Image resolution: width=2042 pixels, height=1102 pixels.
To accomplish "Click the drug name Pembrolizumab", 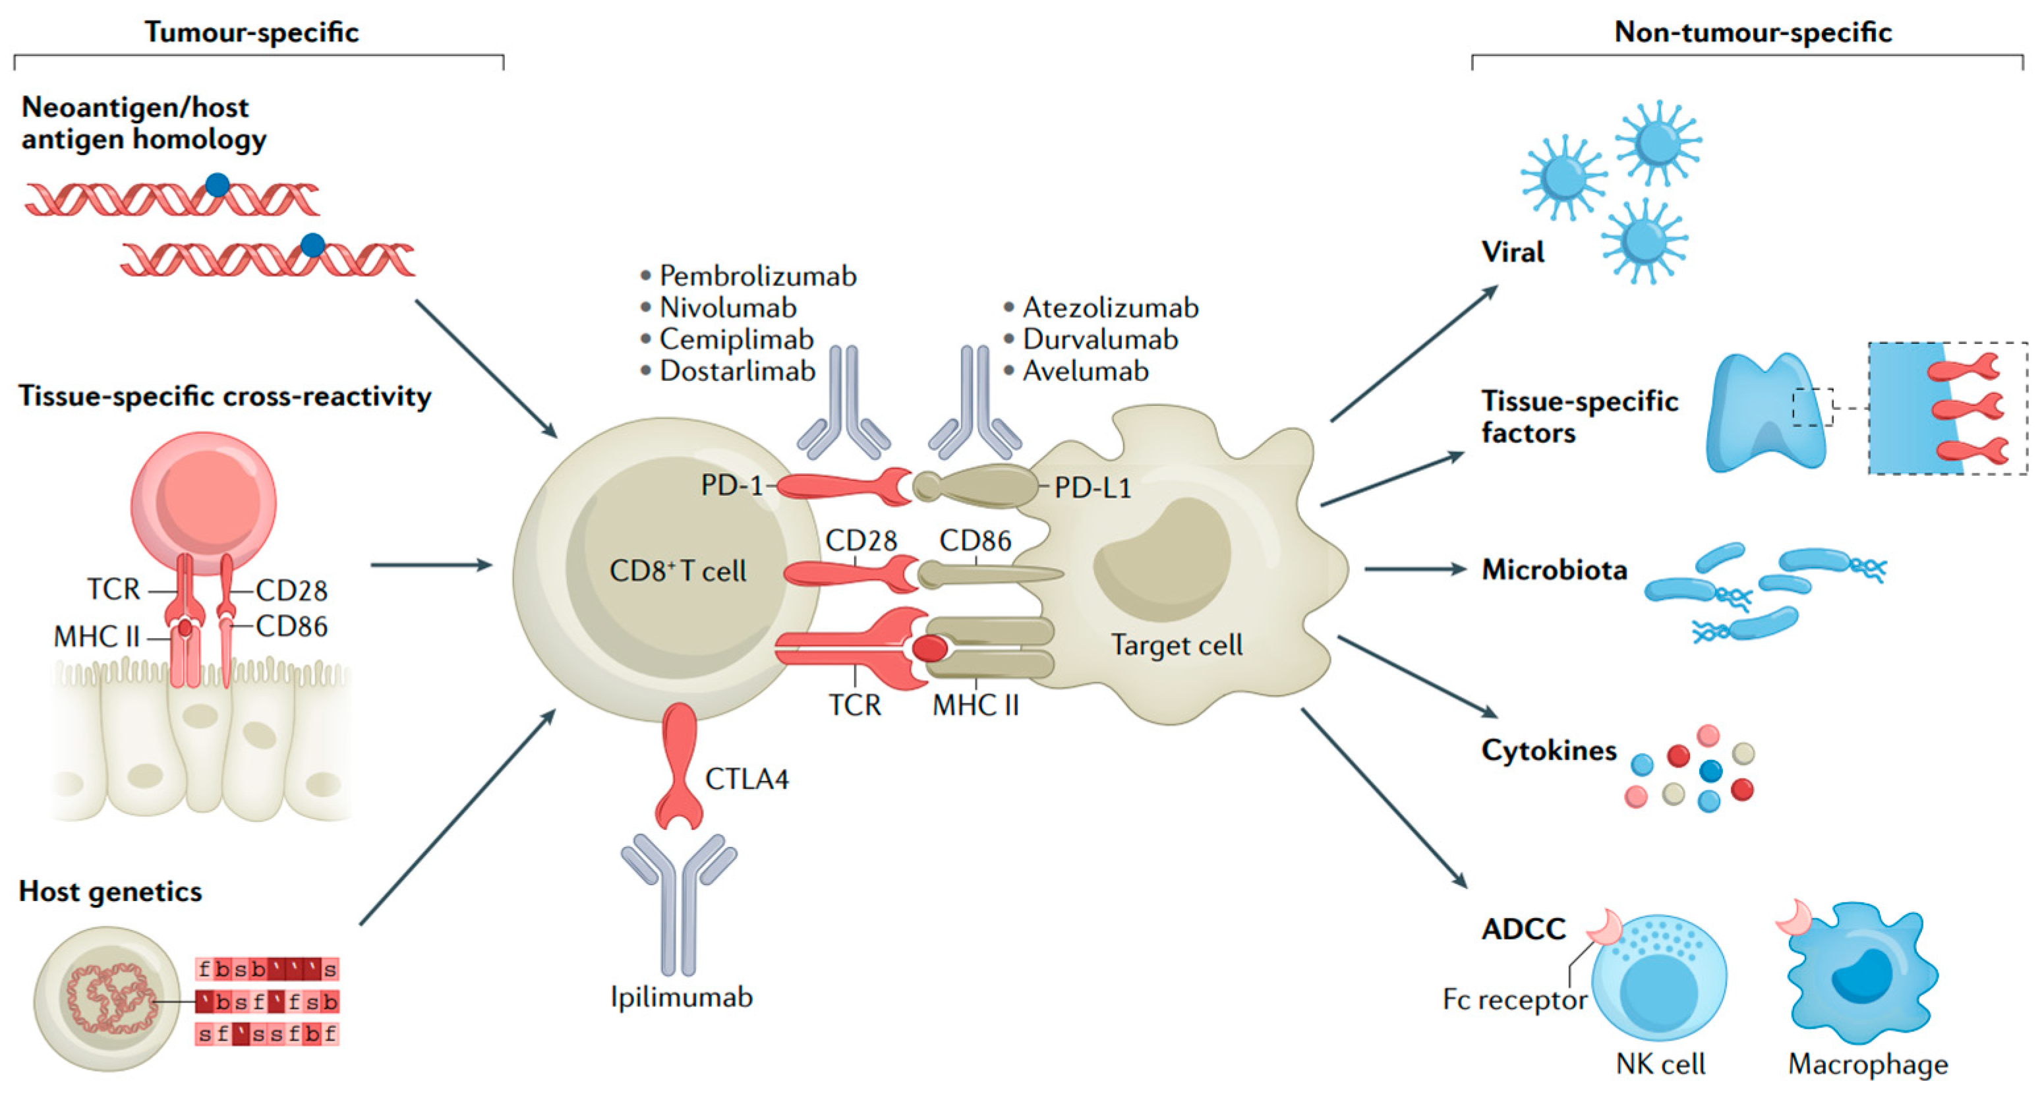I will tap(757, 276).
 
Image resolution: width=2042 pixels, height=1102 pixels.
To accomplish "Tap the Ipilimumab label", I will tap(681, 997).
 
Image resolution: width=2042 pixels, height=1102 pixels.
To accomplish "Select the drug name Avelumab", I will tap(1084, 370).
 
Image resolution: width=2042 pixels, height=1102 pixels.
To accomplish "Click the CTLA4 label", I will tap(746, 779).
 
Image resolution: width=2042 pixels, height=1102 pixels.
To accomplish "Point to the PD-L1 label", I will tap(1092, 488).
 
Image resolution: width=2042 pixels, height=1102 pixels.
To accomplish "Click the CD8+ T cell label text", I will tap(677, 571).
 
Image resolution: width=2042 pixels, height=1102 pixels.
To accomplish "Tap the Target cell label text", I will tap(1176, 645).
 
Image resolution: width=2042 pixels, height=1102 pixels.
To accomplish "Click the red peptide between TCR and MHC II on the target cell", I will tap(929, 649).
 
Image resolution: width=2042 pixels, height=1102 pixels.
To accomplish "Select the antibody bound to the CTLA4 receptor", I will tap(678, 904).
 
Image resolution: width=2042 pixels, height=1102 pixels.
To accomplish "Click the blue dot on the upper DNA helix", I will tap(218, 185).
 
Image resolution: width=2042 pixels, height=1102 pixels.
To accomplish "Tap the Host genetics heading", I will tap(110, 891).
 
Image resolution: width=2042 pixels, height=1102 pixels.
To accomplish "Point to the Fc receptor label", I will tap(1514, 1000).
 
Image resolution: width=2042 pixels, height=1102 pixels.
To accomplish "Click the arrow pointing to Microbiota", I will tap(1415, 568).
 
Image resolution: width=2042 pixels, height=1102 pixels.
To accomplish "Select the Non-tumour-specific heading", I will tap(1753, 32).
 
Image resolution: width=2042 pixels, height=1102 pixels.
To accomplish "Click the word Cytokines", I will tap(1548, 750).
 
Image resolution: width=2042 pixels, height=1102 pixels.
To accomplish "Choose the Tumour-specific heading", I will tap(251, 32).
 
